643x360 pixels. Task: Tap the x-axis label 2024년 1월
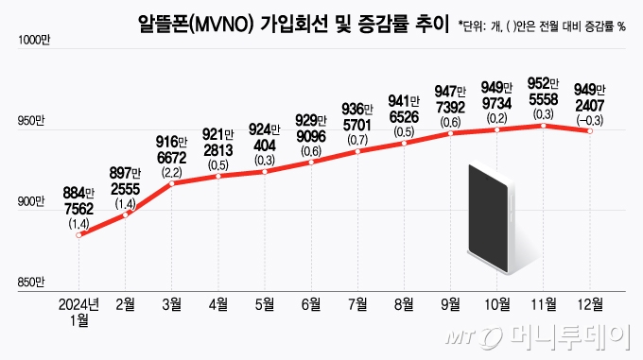[x=78, y=311]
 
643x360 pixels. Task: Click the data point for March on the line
[x=171, y=183]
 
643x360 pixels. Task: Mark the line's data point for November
[x=543, y=125]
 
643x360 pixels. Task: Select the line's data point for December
[x=589, y=131]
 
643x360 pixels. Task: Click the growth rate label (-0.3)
[x=589, y=118]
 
